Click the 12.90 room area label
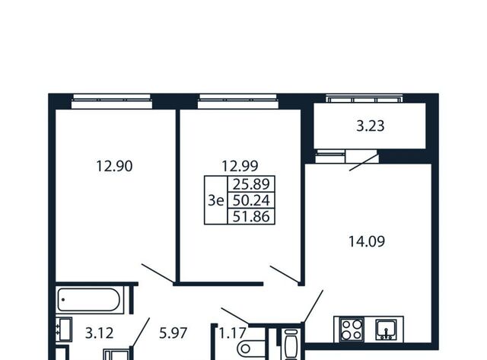tap(114, 166)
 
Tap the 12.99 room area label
tap(240, 166)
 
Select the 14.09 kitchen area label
tap(367, 241)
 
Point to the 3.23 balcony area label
tap(371, 126)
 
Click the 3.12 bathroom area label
tap(100, 333)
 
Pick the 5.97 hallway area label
tap(173, 333)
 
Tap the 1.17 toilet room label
tap(233, 333)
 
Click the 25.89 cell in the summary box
tap(251, 184)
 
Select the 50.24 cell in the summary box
tap(251, 200)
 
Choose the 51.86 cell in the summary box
tap(251, 216)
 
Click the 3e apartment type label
tap(215, 200)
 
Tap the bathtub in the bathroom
tap(89, 300)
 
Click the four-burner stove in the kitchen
tap(352, 330)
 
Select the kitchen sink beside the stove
tap(386, 330)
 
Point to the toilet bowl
tap(250, 349)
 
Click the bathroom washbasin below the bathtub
tap(64, 330)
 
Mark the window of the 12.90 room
tap(112, 101)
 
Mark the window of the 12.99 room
tap(238, 101)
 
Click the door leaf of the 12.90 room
tap(158, 273)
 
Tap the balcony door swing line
tap(364, 162)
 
